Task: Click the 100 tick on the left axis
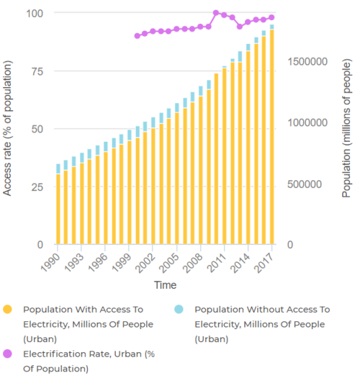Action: pos(34,13)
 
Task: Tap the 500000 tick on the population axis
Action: pos(310,184)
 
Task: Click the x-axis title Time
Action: pos(164,285)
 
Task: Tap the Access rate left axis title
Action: pos(9,129)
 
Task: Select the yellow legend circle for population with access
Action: pos(8,310)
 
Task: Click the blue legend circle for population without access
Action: pos(179,310)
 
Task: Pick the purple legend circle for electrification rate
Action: pos(8,354)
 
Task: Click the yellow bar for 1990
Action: pos(58,210)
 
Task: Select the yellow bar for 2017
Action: pos(271,137)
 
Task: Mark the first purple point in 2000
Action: pos(137,35)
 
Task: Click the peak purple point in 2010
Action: pos(216,13)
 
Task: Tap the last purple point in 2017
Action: pos(271,17)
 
